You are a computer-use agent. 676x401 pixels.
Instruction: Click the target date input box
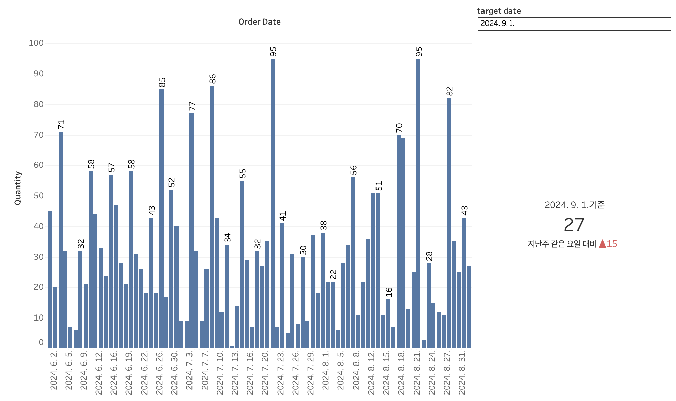pos(574,24)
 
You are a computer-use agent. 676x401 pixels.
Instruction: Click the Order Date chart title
pos(259,22)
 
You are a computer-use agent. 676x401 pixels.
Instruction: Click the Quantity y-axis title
pos(18,188)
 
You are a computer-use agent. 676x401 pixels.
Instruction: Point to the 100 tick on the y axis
pos(36,43)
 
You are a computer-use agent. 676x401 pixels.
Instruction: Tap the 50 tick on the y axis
pos(39,196)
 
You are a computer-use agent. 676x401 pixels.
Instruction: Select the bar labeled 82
pos(449,223)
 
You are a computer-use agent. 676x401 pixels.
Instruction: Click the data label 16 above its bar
pos(389,292)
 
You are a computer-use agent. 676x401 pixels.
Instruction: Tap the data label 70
pos(399,128)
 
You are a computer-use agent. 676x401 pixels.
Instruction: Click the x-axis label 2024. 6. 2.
pos(53,370)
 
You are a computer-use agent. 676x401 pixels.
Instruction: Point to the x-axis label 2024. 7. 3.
pos(189,370)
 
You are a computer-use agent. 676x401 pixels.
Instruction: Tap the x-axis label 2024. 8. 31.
pos(462,372)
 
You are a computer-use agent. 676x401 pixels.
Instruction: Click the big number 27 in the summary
pos(574,225)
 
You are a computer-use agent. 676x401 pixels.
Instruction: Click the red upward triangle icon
pos(602,243)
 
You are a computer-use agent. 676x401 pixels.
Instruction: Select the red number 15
pos(612,244)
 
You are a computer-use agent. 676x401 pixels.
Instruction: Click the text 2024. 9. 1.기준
pos(574,205)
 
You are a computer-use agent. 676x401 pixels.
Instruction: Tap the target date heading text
pos(499,11)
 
